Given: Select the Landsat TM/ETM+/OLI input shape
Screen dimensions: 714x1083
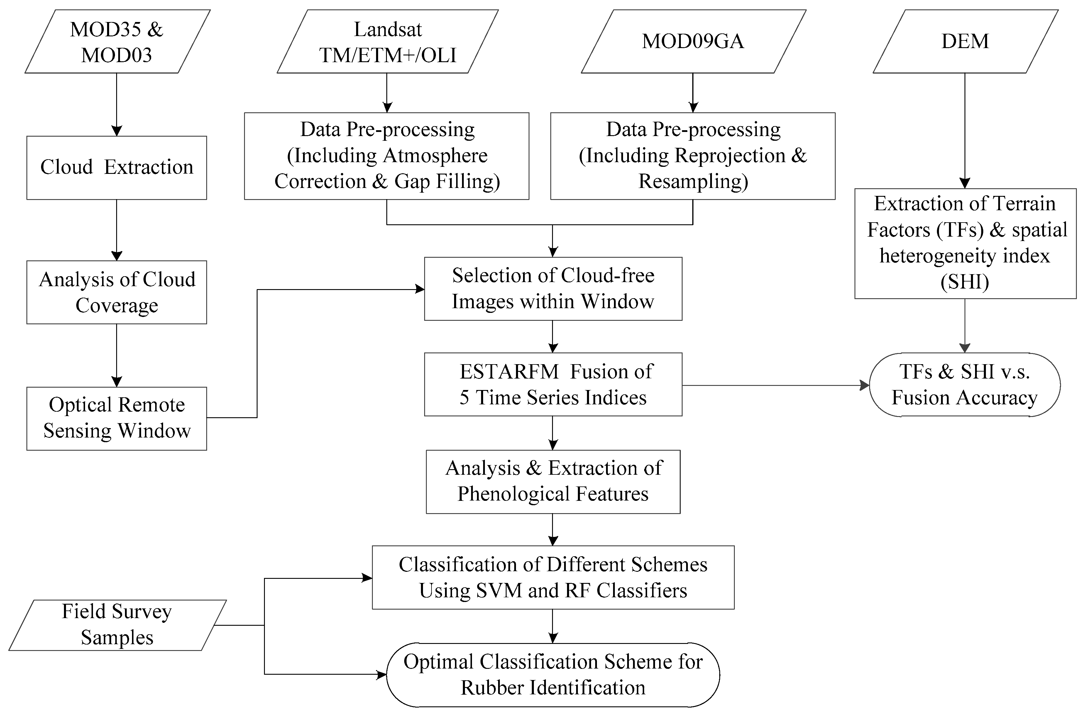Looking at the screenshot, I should (387, 41).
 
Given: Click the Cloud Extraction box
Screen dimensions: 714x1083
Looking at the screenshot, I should (116, 167).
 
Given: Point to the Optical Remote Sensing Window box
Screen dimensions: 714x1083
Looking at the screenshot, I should (116, 418).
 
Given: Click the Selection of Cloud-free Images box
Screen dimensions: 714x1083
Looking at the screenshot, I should (553, 289).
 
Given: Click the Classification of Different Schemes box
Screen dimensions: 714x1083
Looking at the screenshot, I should (553, 577).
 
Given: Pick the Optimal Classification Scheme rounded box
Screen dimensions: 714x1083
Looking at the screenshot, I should (553, 674).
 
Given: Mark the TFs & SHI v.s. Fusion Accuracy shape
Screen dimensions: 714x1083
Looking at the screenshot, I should (964, 385).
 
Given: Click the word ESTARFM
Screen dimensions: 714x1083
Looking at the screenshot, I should (509, 372).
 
